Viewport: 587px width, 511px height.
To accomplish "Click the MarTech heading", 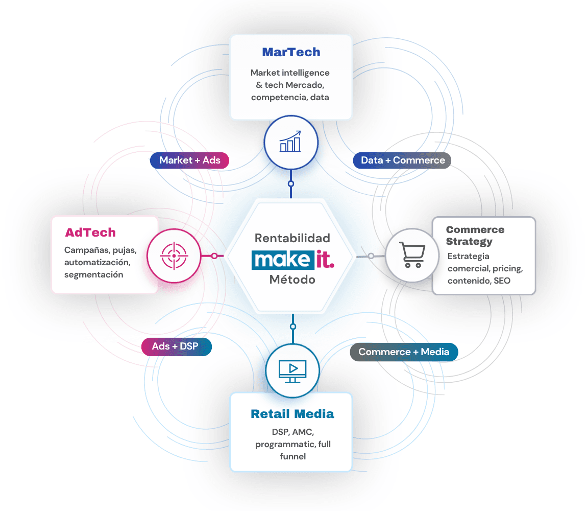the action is [291, 52].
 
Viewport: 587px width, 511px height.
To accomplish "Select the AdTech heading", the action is [90, 233].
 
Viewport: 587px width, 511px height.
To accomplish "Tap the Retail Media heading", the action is [292, 414].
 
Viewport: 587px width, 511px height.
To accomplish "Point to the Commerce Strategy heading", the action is [475, 236].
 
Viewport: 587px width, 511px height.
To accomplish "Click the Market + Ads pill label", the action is [190, 160].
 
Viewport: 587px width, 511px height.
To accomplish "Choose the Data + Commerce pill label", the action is [402, 160].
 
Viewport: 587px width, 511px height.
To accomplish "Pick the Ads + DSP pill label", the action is [176, 346].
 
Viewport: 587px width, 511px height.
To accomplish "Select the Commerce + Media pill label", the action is [404, 352].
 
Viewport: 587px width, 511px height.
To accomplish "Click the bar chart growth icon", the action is [290, 142].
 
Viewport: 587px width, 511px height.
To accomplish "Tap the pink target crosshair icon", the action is [174, 255].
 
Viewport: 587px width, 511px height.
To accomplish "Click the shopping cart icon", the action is [412, 254].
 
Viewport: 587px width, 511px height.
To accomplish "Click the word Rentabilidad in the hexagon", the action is [292, 238].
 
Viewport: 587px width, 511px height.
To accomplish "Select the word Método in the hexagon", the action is [292, 280].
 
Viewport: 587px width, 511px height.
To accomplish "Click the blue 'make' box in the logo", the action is [283, 260].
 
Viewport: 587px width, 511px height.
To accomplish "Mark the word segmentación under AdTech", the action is [93, 275].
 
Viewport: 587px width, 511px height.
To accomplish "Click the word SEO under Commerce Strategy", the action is [502, 281].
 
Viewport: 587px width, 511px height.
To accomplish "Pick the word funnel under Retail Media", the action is [293, 456].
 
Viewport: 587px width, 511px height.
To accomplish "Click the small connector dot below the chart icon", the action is [291, 184].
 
